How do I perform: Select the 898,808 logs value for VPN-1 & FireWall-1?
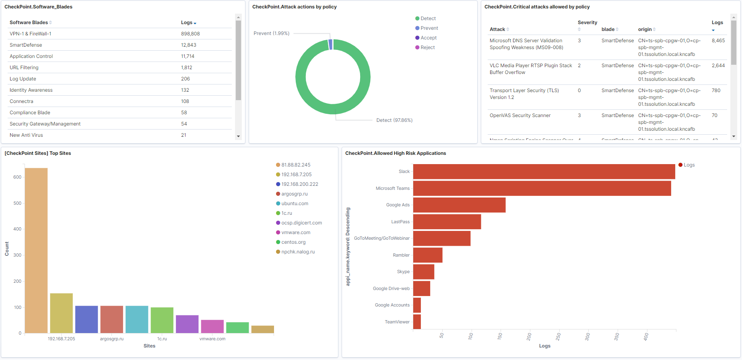pos(190,34)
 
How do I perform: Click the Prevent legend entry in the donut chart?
pos(429,28)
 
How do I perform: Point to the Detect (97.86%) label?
pos(394,120)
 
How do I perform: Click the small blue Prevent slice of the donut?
pos(331,44)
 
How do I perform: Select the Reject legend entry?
pos(427,47)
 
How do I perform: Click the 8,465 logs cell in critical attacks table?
pos(718,41)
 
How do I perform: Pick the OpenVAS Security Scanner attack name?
pos(520,115)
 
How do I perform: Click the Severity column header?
pos(587,23)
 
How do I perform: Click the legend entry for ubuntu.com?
pos(295,204)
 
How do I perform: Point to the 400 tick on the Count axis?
pos(17,229)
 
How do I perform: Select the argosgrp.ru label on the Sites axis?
pos(112,339)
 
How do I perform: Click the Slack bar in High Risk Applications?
pos(544,172)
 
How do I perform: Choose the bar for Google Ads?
pos(459,205)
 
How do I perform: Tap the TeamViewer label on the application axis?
pos(397,322)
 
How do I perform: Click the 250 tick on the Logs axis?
pos(559,336)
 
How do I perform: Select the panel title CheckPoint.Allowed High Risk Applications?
pos(396,153)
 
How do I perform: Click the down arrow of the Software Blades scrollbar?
pos(238,136)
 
